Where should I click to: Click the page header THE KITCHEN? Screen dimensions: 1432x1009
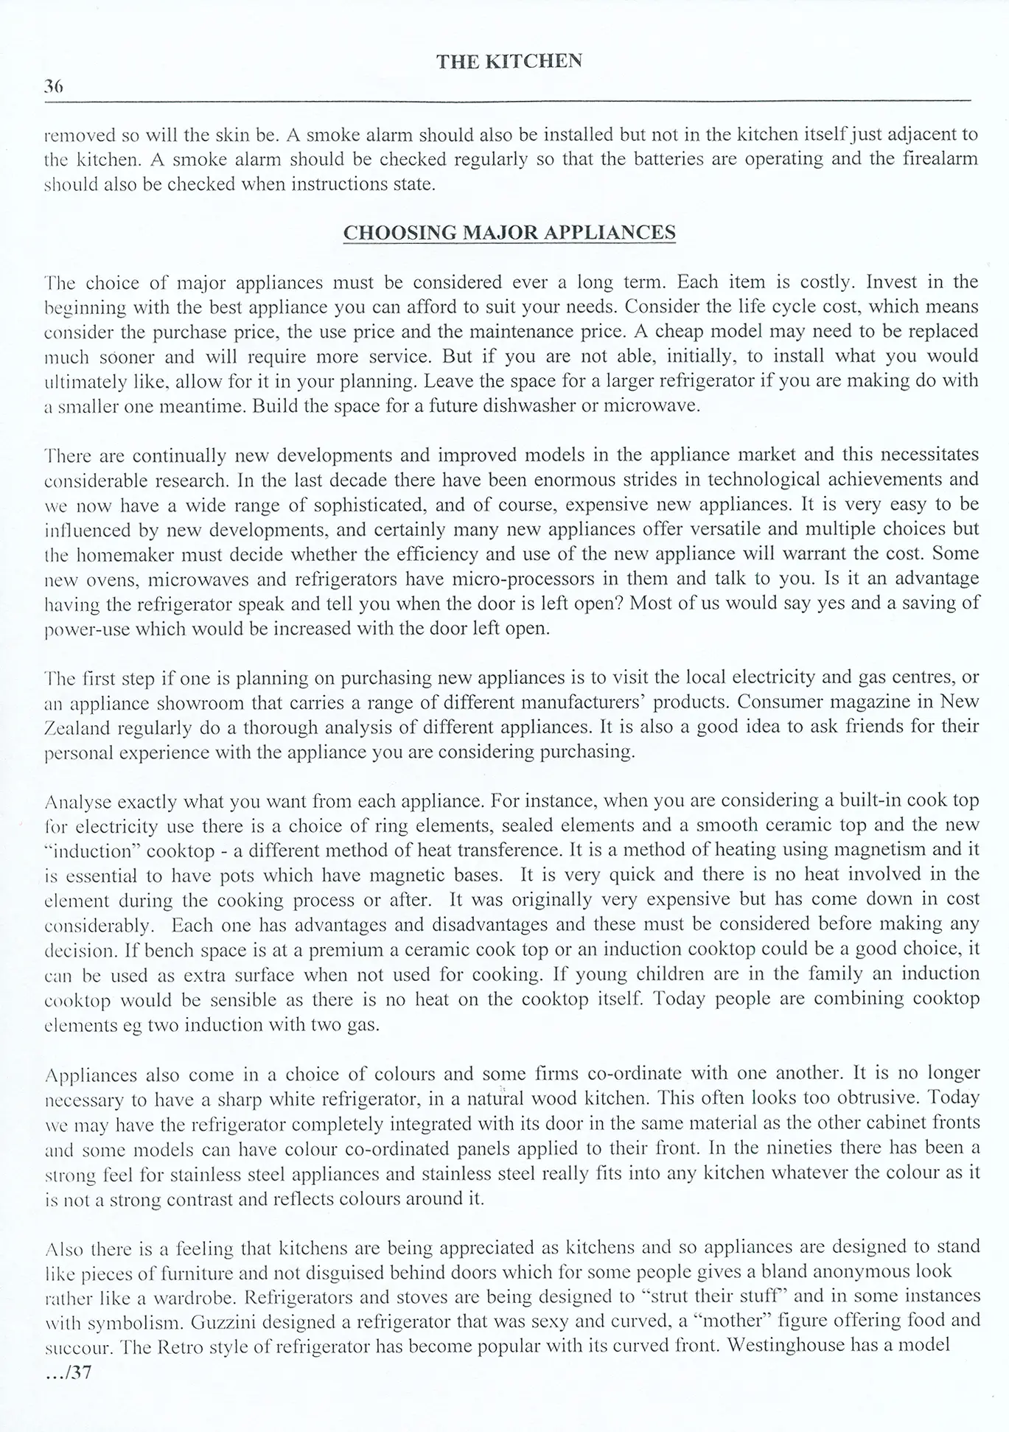tap(509, 61)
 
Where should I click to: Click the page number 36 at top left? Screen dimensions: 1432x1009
tap(54, 86)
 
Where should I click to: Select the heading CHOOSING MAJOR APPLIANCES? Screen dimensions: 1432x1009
tap(509, 233)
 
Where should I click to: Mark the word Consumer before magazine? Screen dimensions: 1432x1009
tap(780, 702)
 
